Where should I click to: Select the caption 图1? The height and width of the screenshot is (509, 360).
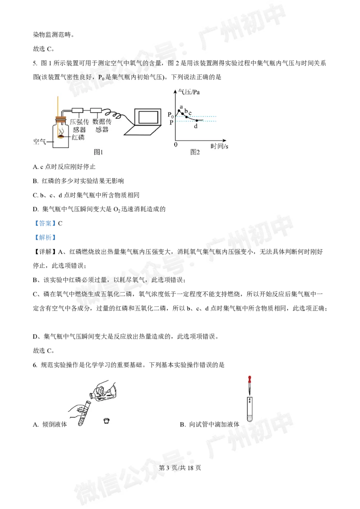pyautogui.click(x=99, y=152)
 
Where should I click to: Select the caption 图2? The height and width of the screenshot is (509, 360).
pyautogui.click(x=194, y=152)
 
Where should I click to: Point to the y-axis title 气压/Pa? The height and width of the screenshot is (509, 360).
pyautogui.click(x=189, y=92)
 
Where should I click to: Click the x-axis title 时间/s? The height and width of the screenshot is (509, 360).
pyautogui.click(x=219, y=146)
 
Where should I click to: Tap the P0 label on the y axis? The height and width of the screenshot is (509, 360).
pyautogui.click(x=170, y=115)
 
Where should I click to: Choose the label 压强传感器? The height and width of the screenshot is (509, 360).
pyautogui.click(x=79, y=125)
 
